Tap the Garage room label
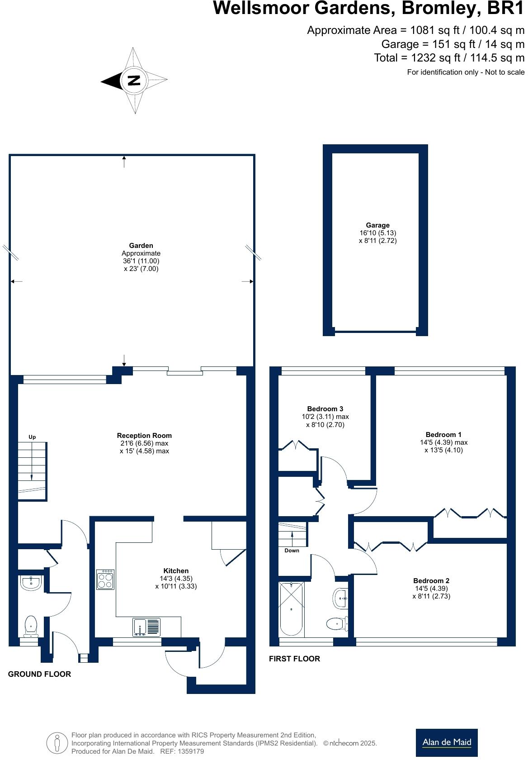(377, 225)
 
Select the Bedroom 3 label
(325, 409)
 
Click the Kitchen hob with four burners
(105, 579)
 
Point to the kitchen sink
(146, 627)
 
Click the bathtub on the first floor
(292, 608)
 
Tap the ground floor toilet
(31, 625)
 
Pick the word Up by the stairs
(32, 437)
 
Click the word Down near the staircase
(292, 551)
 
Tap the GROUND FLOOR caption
(39, 674)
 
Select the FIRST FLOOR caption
(294, 659)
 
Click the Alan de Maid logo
(446, 742)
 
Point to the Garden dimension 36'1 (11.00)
(141, 261)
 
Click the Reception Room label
(144, 436)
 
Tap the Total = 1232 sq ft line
(449, 58)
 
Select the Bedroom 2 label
(431, 581)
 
